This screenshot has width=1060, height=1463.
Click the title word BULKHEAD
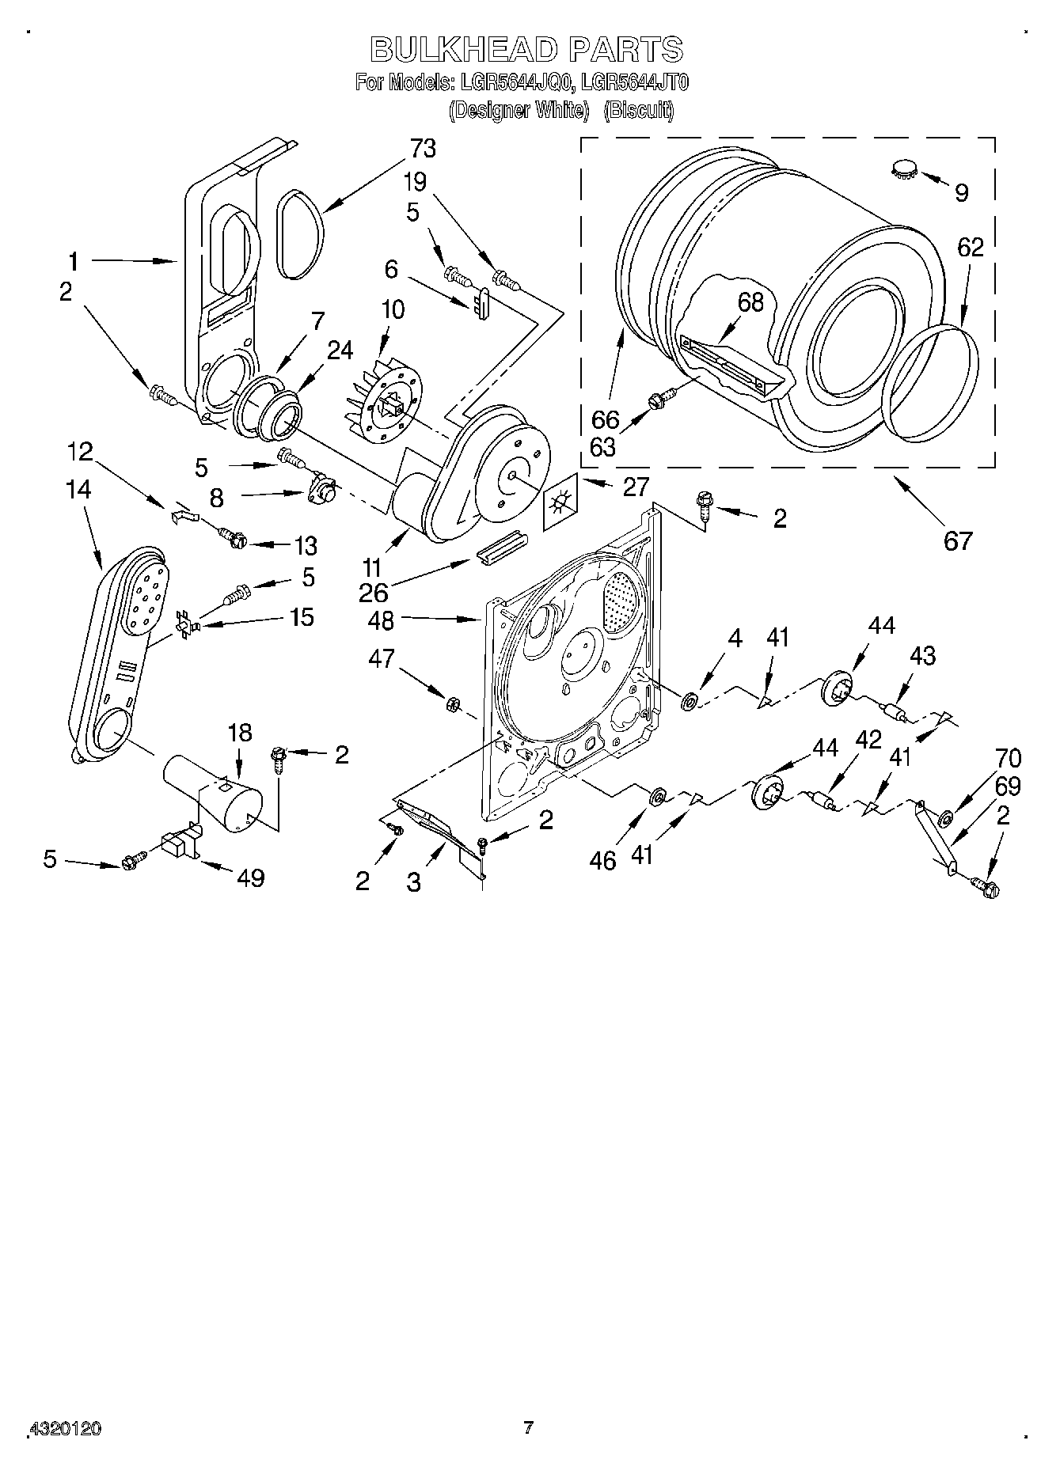tap(464, 50)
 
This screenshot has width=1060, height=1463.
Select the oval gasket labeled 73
tap(301, 234)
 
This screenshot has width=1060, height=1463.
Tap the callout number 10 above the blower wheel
tap(392, 309)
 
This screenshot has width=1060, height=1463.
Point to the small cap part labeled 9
tap(903, 169)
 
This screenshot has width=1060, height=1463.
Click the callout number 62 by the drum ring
tap(970, 248)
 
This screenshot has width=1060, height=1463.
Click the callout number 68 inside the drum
tap(750, 302)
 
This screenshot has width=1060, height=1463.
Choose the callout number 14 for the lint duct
tap(78, 490)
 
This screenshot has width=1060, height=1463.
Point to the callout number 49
tap(250, 877)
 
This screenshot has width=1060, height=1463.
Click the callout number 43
tap(922, 655)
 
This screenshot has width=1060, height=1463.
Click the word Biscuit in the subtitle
tap(639, 111)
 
